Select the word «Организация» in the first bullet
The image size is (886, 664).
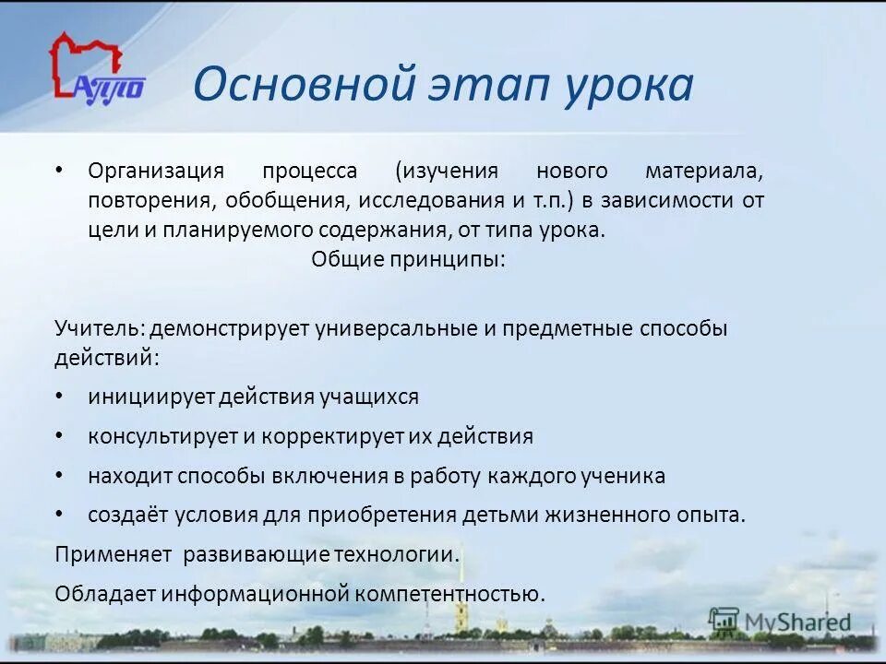pos(156,172)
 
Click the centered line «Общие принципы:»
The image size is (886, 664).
pos(408,259)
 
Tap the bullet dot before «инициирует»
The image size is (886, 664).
pos(60,396)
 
